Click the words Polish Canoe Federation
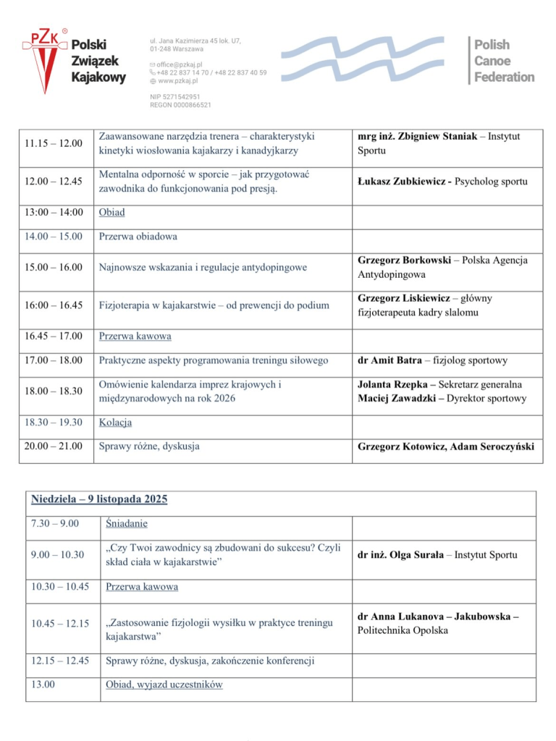pos(504,61)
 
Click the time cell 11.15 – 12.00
pos(53,143)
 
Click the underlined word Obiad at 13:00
pos(111,213)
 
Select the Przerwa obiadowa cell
pos(138,237)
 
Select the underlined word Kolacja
pos(115,423)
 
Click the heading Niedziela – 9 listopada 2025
pos(99,499)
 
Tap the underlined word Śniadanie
pos(126,523)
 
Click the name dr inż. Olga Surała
pos(402,555)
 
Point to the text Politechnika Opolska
pos(403,630)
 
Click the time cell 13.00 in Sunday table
pos(43,685)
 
